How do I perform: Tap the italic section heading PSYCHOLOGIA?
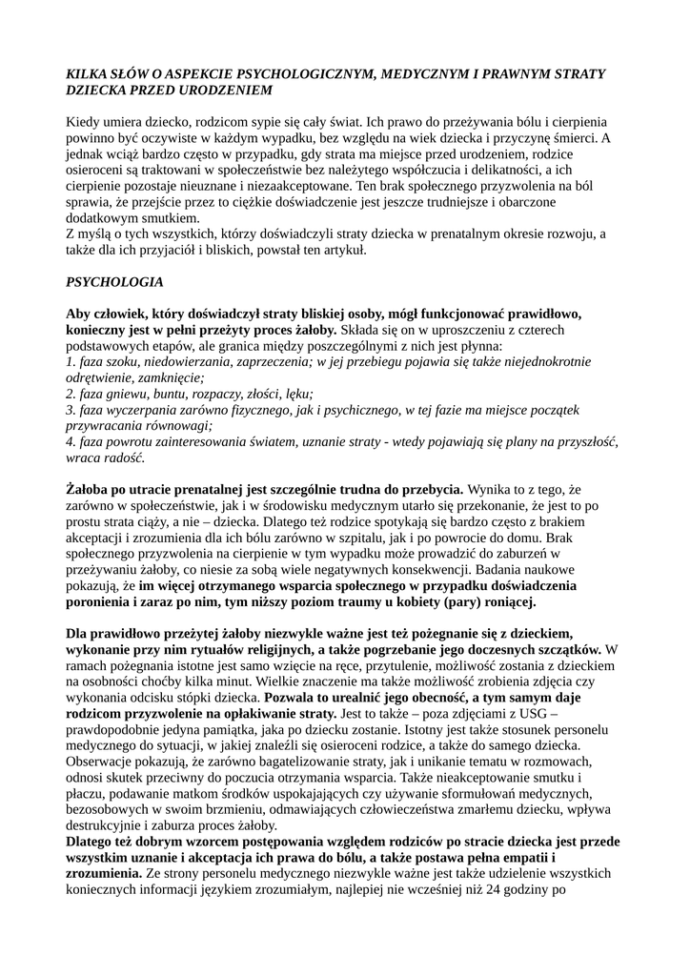pyautogui.click(x=114, y=282)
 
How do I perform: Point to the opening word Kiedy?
pyautogui.click(x=83, y=123)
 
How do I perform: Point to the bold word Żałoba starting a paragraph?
pyautogui.click(x=91, y=489)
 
